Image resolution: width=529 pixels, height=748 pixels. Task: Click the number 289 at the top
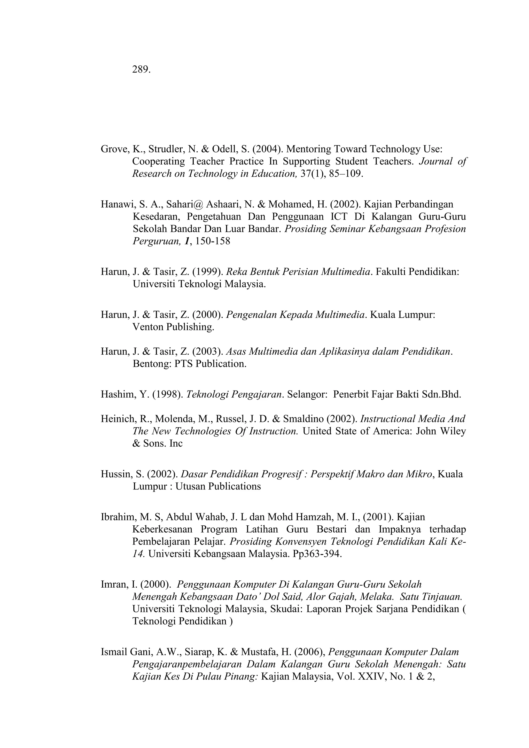141,69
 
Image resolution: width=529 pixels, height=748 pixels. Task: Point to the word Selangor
307,394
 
